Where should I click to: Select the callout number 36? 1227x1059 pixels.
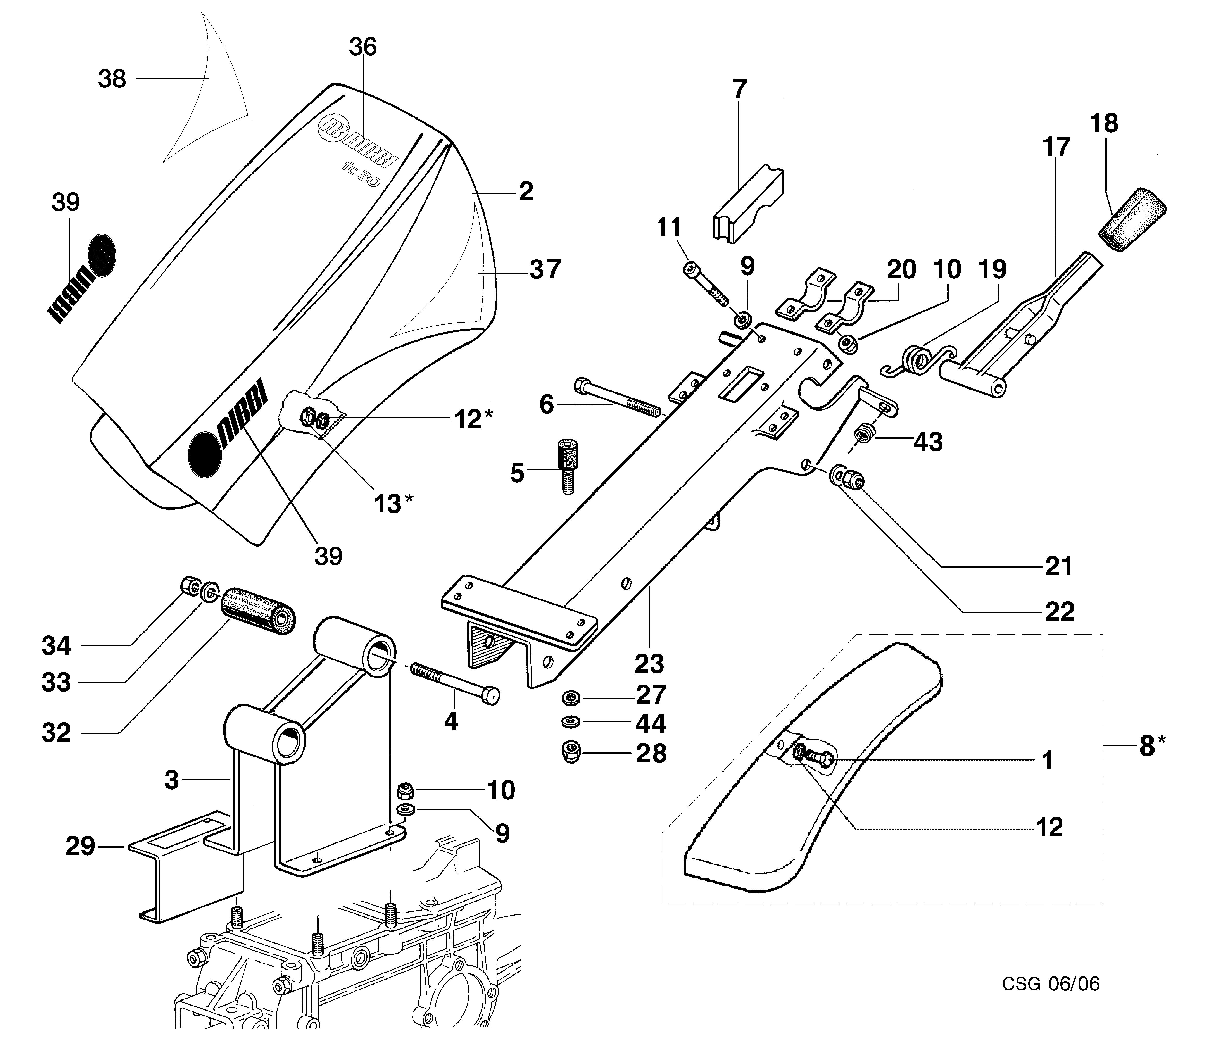(362, 47)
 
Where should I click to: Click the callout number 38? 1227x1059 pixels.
(112, 79)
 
